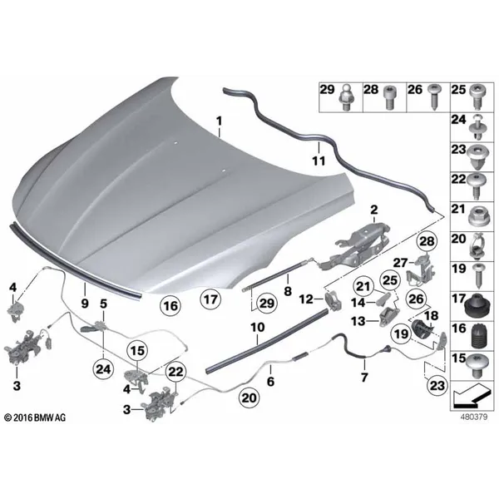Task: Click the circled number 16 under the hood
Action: [x=170, y=306]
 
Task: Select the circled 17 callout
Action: [x=210, y=299]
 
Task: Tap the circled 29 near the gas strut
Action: [x=267, y=304]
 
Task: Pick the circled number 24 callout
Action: [x=103, y=369]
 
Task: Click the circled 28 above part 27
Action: [x=427, y=241]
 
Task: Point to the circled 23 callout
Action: [x=437, y=386]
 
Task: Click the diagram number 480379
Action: [x=474, y=417]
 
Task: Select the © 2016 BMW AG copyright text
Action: [x=35, y=417]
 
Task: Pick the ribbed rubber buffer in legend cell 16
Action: [x=477, y=336]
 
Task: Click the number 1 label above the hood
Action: [x=219, y=121]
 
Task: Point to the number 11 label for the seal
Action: [x=319, y=161]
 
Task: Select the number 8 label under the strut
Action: [x=288, y=290]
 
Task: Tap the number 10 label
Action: [x=258, y=327]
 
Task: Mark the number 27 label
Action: [x=400, y=263]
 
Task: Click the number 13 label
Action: [x=358, y=321]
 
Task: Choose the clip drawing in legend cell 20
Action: [x=477, y=245]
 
